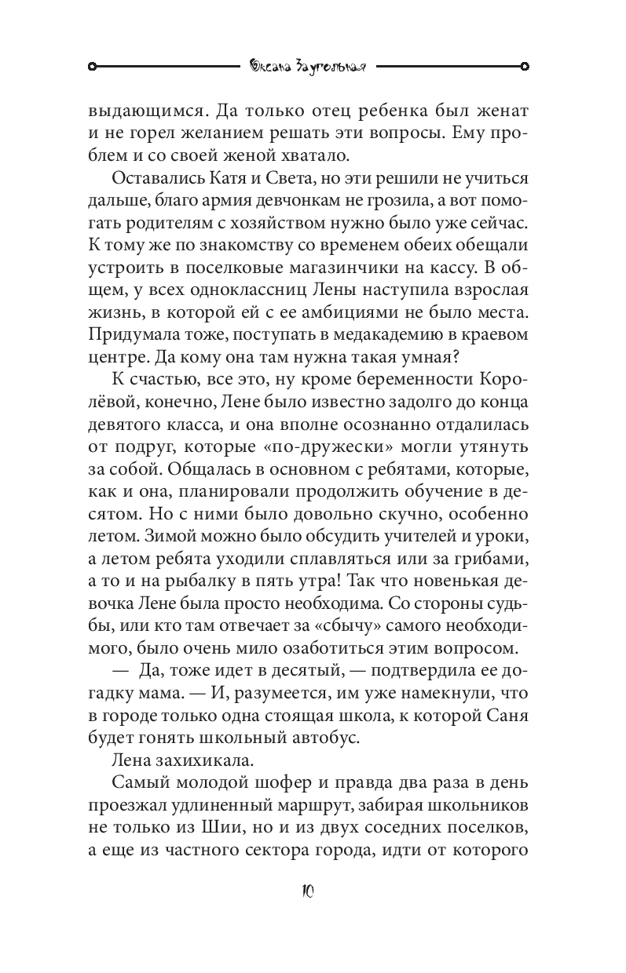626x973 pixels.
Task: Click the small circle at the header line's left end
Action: pos(92,66)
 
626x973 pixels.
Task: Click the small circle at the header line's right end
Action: pos(525,66)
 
